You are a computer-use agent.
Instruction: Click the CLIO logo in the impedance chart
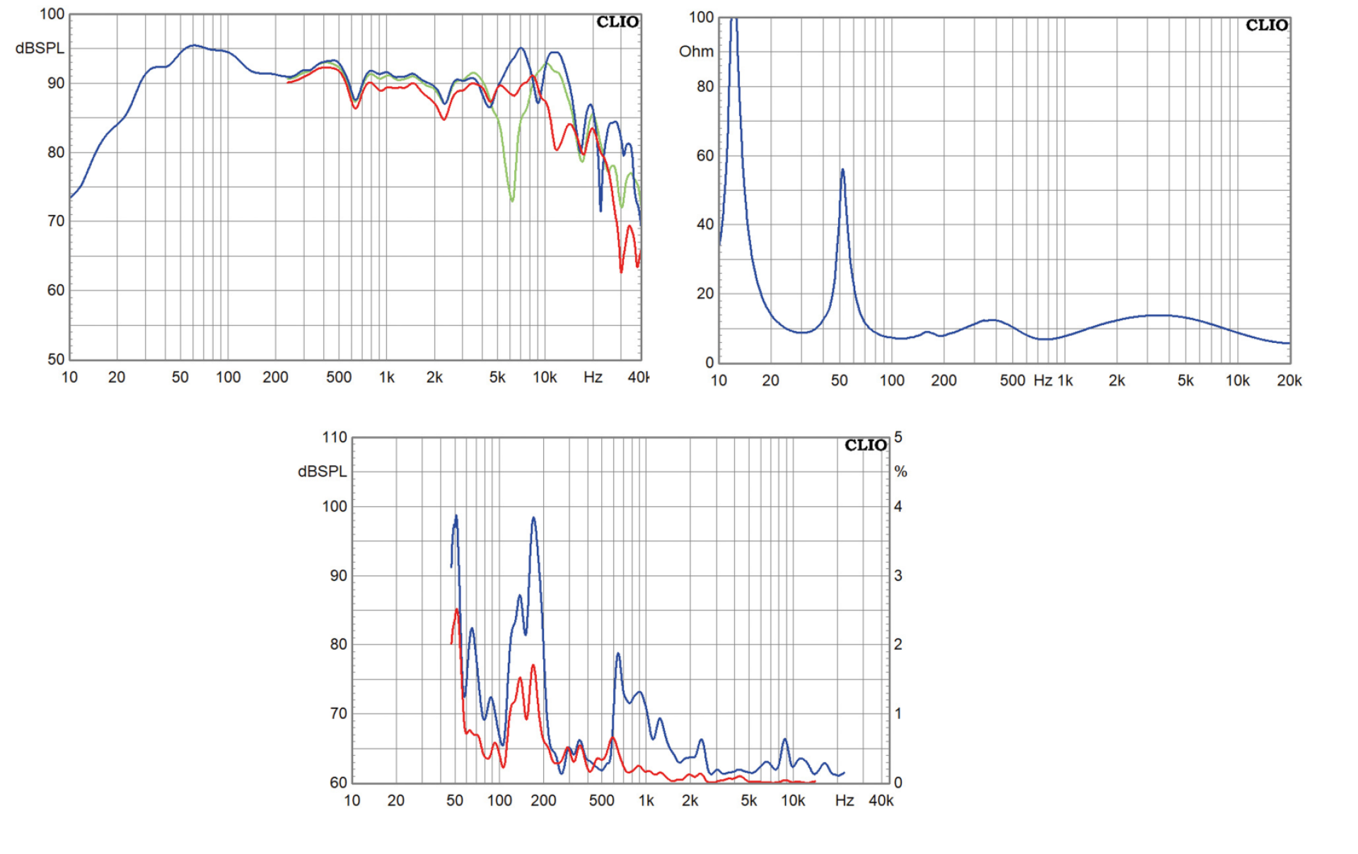[1266, 25]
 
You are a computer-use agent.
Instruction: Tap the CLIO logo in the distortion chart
[865, 445]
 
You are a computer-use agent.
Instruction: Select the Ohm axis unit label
[696, 52]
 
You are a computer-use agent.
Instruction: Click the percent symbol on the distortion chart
[900, 472]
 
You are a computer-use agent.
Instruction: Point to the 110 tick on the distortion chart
[335, 438]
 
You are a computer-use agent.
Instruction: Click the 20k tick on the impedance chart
[1289, 381]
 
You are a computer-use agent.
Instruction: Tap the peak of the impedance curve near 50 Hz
[842, 170]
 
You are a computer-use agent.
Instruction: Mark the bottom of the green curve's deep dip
[512, 201]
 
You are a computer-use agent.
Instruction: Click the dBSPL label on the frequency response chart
[40, 48]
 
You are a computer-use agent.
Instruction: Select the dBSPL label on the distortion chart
[323, 472]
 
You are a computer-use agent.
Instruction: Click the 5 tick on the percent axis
[898, 438]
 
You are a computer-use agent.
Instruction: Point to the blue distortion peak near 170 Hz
[533, 518]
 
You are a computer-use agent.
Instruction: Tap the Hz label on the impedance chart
[1043, 381]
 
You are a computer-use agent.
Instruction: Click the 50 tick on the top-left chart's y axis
[56, 359]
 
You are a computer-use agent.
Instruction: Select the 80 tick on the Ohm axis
[705, 86]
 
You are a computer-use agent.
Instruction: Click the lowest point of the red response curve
[622, 271]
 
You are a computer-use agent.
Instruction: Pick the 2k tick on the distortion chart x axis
[690, 801]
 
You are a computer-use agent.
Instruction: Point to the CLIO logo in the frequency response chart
[617, 22]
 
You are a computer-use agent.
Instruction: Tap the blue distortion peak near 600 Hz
[618, 654]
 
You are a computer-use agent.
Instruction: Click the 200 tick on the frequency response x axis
[275, 378]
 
